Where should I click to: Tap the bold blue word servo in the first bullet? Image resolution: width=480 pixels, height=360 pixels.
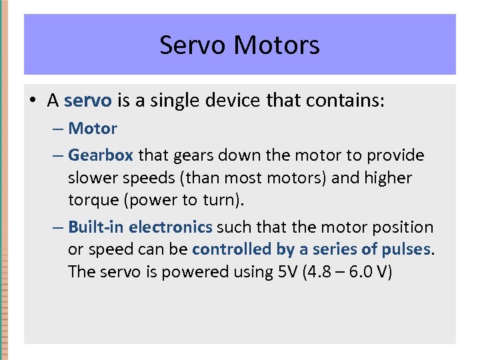point(88,101)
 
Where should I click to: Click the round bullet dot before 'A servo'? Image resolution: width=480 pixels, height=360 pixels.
point(33,101)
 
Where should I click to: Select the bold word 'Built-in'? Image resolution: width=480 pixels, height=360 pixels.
point(96,227)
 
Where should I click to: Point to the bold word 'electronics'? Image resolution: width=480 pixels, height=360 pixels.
point(171,227)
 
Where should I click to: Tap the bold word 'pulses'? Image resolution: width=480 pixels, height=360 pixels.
point(406,249)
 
